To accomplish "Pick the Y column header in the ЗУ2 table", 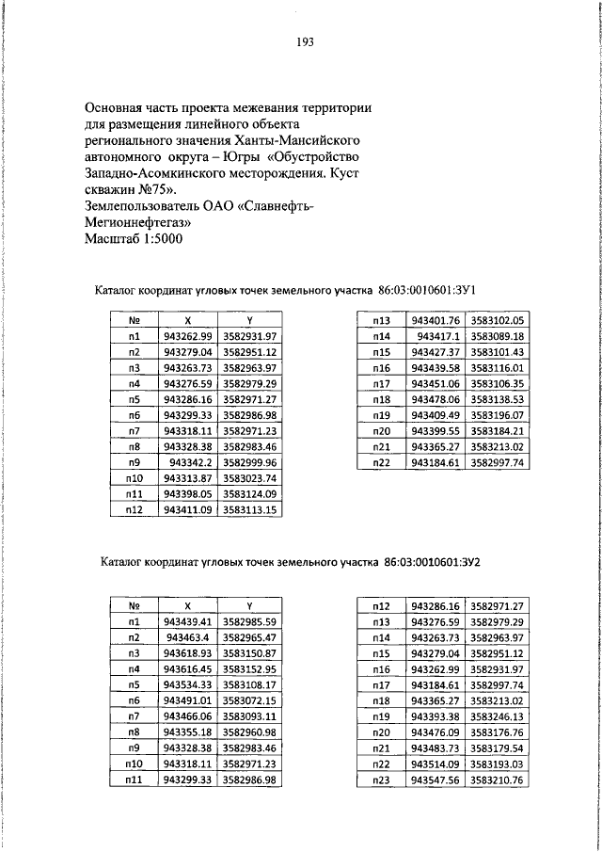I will [x=249, y=606].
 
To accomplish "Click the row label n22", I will [x=381, y=462].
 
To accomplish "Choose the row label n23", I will [x=382, y=780].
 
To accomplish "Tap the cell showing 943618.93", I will [x=188, y=652].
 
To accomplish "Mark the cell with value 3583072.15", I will [x=249, y=701].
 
